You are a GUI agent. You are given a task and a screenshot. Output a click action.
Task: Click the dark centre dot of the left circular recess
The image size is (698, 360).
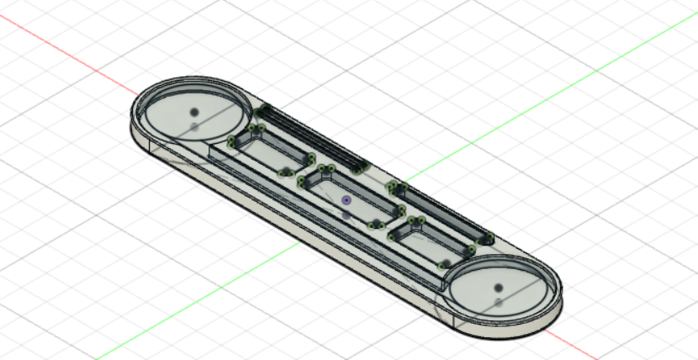(194, 112)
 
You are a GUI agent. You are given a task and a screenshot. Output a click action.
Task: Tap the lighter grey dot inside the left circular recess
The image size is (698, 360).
(194, 127)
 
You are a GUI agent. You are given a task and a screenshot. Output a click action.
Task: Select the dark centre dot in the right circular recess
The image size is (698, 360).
(498, 287)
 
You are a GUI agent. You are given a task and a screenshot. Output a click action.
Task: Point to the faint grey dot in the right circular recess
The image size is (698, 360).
(499, 301)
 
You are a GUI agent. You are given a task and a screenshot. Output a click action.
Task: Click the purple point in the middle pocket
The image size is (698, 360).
(346, 200)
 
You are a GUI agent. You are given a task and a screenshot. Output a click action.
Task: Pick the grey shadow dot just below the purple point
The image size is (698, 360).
(346, 215)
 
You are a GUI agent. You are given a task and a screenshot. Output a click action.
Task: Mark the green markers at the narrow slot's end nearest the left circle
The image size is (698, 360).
(262, 110)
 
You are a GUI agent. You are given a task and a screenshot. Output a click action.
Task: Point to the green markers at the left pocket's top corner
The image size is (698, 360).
(256, 129)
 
